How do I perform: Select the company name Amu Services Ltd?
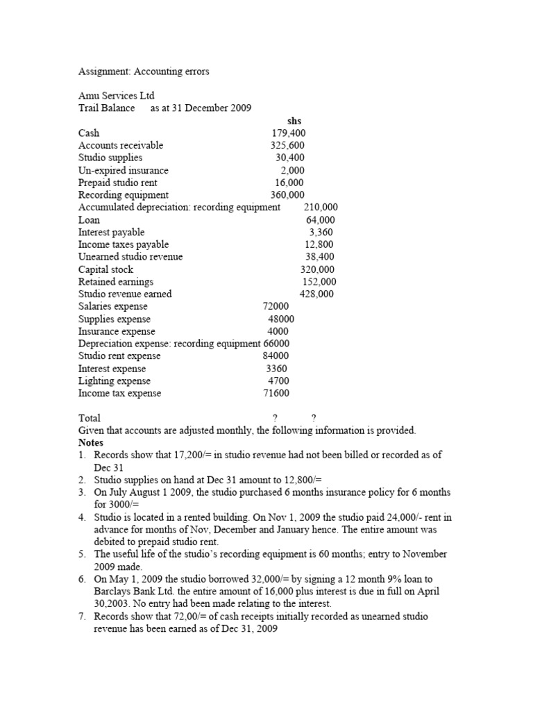(x=117, y=96)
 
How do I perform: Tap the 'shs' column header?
(x=294, y=121)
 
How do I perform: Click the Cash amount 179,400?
(x=288, y=133)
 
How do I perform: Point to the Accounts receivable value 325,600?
(x=287, y=146)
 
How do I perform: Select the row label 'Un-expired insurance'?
(x=124, y=170)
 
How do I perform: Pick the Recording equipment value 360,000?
(x=287, y=195)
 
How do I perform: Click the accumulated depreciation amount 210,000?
(x=321, y=208)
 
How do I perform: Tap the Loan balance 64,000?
(x=321, y=220)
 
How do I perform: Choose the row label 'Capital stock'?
(x=106, y=269)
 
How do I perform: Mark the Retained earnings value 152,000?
(x=319, y=282)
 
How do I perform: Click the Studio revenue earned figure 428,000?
(x=316, y=294)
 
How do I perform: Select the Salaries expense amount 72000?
(x=276, y=307)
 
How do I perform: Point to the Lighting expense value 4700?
(x=278, y=381)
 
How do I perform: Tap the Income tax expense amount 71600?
(x=276, y=394)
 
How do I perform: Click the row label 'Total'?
(x=90, y=418)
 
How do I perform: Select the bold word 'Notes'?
(x=91, y=442)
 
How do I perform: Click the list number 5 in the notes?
(x=82, y=554)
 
